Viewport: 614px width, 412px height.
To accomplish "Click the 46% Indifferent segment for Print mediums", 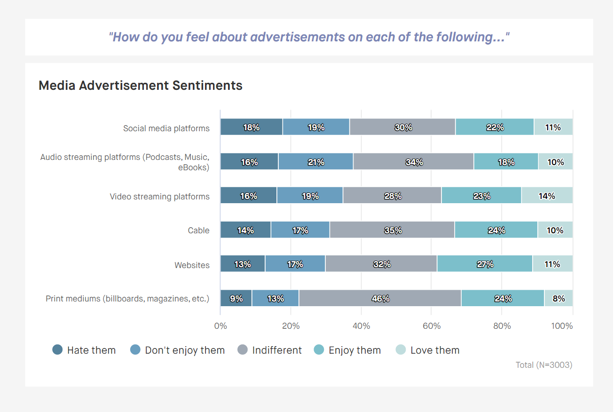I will click(380, 299).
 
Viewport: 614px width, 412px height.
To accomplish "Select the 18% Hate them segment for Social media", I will click(252, 127).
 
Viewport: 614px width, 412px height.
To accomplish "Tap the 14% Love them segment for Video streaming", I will click(547, 196).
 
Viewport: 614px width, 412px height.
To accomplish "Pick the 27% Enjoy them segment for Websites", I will click(485, 264).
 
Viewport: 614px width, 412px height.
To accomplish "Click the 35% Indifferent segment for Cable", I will click(392, 230).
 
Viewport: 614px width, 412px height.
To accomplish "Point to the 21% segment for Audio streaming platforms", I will click(315, 162).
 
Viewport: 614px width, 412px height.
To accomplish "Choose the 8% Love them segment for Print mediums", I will click(559, 299).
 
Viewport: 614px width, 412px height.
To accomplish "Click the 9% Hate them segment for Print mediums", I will click(236, 299).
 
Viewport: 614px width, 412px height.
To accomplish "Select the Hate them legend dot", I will click(57, 350).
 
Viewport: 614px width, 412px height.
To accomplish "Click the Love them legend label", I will click(435, 350).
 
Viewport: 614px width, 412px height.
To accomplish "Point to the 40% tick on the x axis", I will click(361, 326).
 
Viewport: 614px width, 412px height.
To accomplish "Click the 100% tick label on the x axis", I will click(562, 326).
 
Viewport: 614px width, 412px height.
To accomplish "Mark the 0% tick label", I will click(220, 326).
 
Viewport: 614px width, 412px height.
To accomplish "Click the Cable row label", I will click(198, 230).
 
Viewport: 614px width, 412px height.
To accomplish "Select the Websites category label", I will click(192, 265).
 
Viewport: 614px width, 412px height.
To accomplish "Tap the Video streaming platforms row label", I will click(159, 197).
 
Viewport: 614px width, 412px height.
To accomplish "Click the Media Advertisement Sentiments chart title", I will click(141, 86).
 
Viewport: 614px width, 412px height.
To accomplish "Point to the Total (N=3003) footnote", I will click(544, 364).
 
